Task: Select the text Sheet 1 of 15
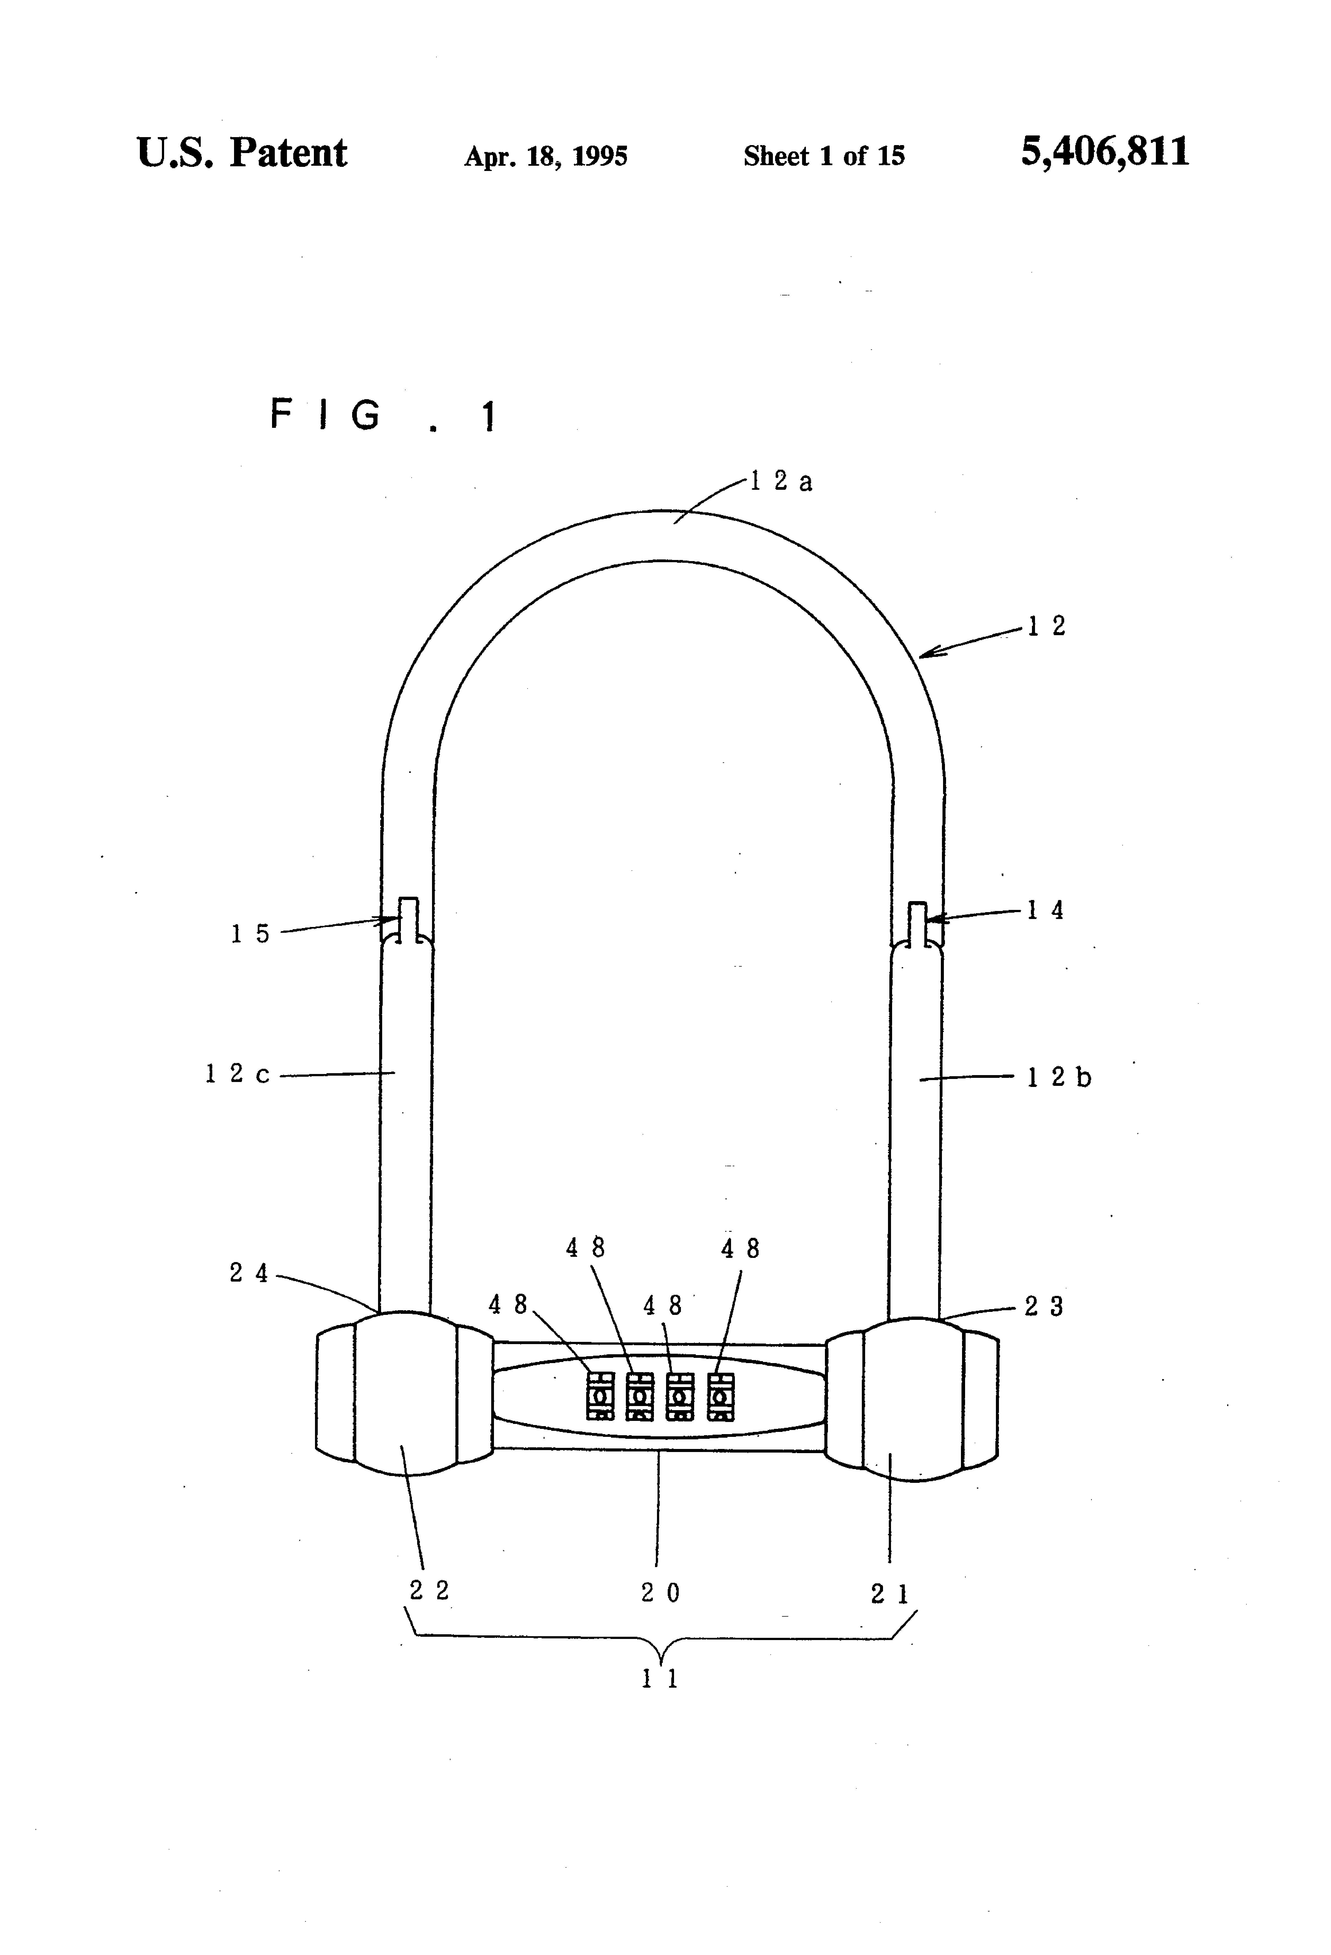pyautogui.click(x=824, y=156)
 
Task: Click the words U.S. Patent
pyautogui.click(x=241, y=153)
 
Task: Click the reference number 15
pyautogui.click(x=250, y=934)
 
